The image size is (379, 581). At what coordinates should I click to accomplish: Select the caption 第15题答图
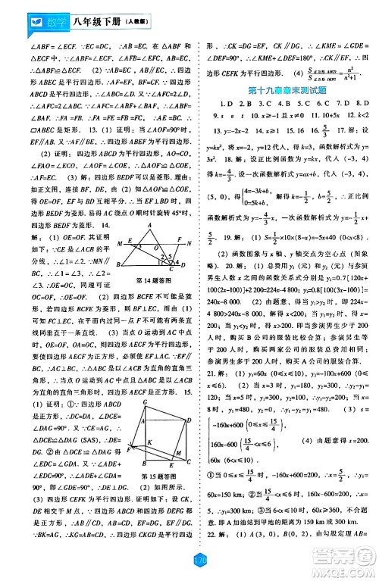160,455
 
